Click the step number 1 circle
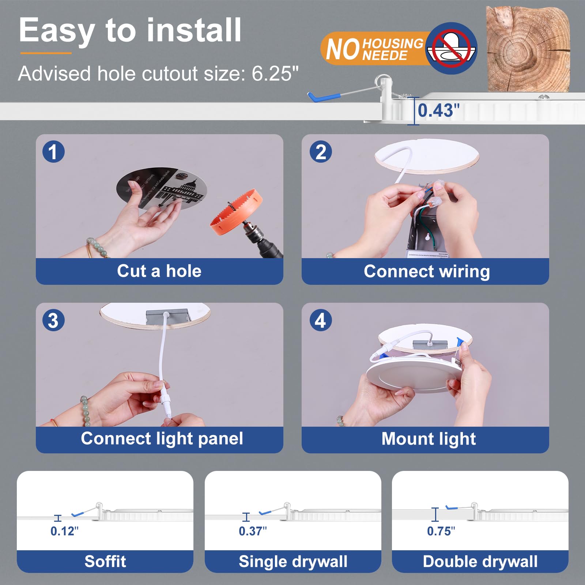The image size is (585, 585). coord(53,152)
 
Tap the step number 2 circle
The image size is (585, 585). coord(321,152)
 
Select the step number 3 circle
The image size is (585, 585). coord(53,320)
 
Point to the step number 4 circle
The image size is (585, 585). coord(321,320)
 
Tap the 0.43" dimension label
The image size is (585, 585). coord(438,110)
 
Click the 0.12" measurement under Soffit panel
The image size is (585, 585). coord(64,531)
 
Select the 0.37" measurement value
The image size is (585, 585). coord(253,531)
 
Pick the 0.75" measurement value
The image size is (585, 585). coord(441,531)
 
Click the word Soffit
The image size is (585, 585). coord(105,561)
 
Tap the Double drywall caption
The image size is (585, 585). coord(480,561)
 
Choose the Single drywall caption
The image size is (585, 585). coord(293,561)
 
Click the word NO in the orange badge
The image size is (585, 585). coord(343,49)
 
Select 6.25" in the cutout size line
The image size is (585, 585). coord(275,73)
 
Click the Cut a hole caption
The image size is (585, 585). coord(159,271)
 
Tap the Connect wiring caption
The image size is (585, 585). coord(427,271)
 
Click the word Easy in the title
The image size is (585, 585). coord(57,31)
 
